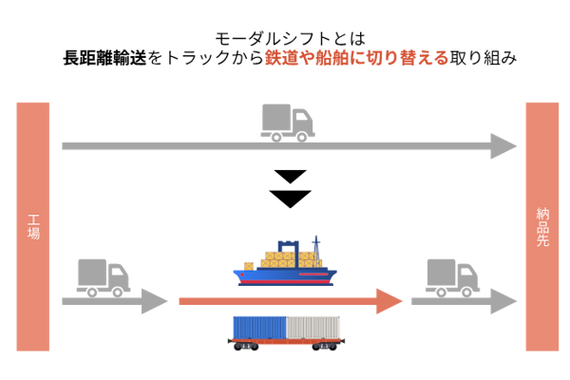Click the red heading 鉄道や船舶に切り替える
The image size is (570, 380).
coord(356,58)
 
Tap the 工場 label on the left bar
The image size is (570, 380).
coord(33,226)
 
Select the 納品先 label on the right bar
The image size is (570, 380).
coord(542,227)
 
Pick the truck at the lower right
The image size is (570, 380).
coord(451,276)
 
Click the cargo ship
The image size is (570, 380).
coord(285,266)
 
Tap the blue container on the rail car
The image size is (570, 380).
coord(259,327)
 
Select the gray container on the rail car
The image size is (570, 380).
coord(313,327)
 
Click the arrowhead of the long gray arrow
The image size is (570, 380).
coord(503,146)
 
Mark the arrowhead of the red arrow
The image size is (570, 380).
coord(389,301)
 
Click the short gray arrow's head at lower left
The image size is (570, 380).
coord(155,301)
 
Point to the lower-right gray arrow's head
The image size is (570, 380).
coord(503,301)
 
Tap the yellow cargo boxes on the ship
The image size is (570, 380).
coord(285,258)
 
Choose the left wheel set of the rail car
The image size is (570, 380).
coord(246,347)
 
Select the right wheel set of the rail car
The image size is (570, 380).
coord(324,347)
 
